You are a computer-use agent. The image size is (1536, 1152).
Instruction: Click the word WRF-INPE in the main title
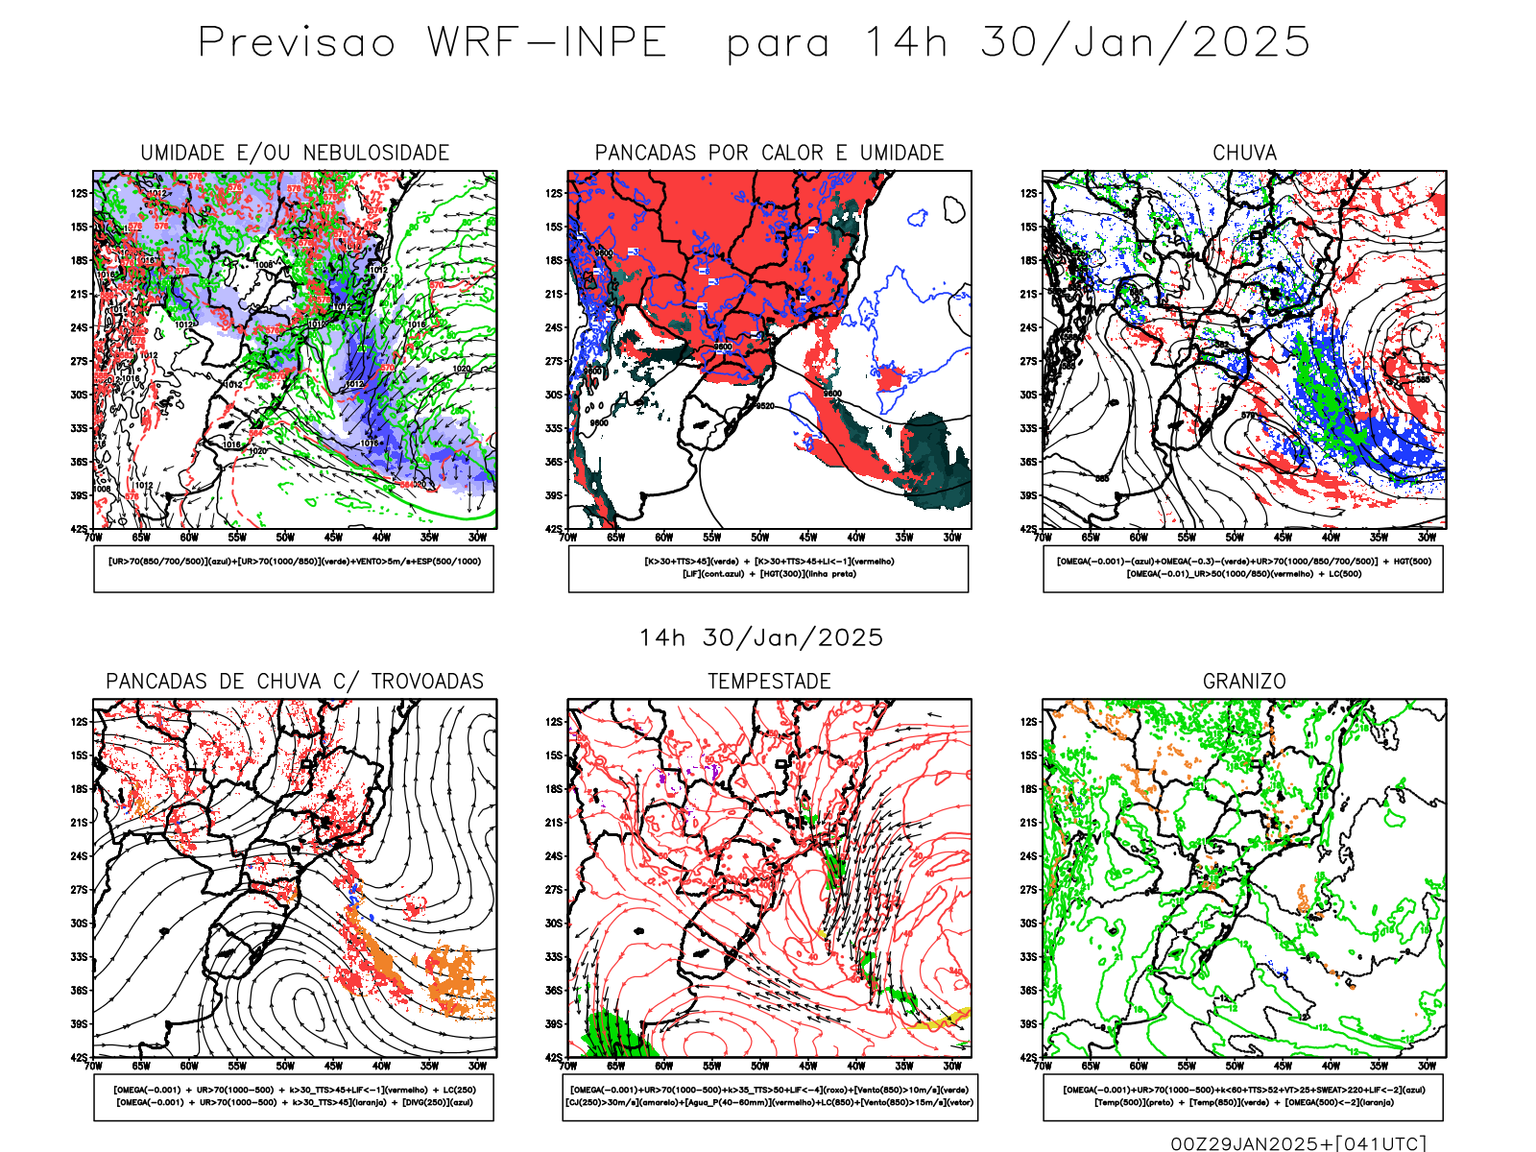(x=547, y=43)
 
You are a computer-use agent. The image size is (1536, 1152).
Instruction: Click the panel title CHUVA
(x=1244, y=154)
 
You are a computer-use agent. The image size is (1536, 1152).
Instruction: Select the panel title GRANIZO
(x=1244, y=682)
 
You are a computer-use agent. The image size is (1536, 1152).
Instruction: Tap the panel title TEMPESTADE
(x=769, y=682)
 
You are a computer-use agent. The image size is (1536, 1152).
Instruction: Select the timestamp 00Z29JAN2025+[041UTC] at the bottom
(x=1298, y=1143)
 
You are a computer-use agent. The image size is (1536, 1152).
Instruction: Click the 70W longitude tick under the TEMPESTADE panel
(x=568, y=1066)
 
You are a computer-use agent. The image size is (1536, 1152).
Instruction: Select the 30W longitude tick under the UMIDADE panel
(x=477, y=538)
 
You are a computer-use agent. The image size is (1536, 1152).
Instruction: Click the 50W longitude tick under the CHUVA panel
(x=1235, y=538)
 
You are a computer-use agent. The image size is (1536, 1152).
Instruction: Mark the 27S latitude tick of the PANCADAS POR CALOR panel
(x=554, y=361)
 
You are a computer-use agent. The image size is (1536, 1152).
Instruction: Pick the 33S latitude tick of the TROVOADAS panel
(x=79, y=957)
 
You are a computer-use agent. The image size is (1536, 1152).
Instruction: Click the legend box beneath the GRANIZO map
(x=1243, y=1096)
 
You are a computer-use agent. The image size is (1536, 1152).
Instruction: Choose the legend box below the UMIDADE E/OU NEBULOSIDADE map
(x=294, y=568)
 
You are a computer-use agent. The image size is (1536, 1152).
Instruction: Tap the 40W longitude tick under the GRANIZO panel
(x=1331, y=1066)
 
